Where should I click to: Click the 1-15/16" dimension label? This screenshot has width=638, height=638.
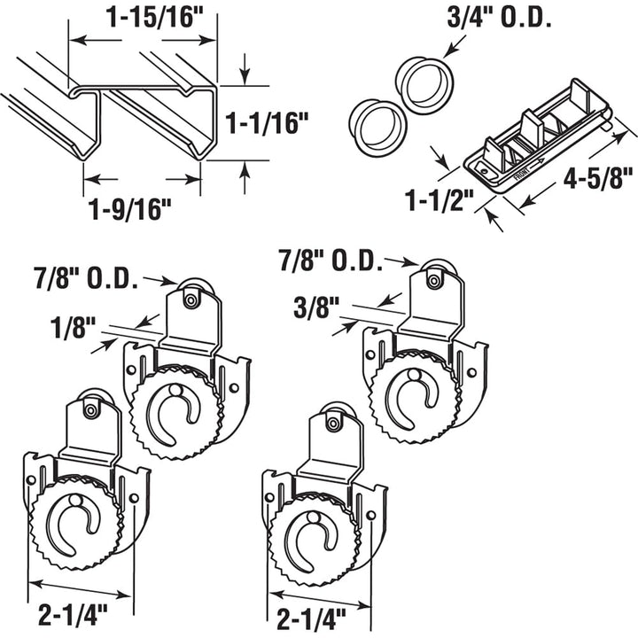[x=143, y=19]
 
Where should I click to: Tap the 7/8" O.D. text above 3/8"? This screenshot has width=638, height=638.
[x=330, y=260]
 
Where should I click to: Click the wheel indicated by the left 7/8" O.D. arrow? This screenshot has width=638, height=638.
[x=191, y=294]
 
